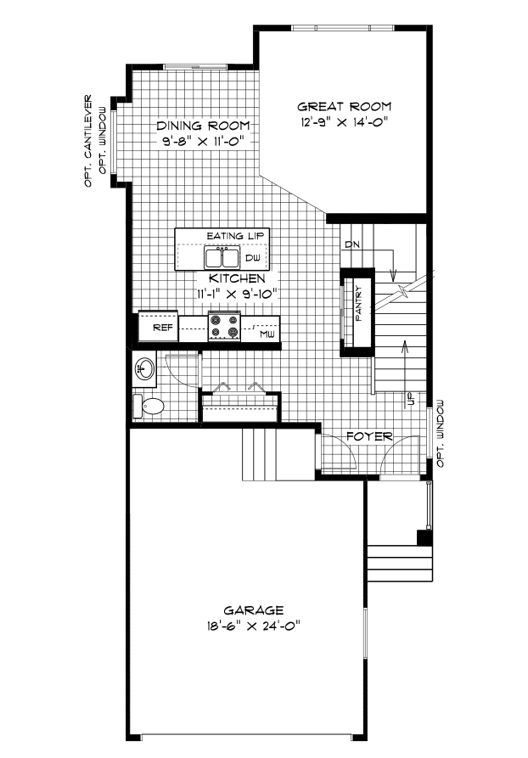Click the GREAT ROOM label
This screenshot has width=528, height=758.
pos(344,106)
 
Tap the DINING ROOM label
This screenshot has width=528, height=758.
pos(203,126)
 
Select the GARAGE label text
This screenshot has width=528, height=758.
pos(253,610)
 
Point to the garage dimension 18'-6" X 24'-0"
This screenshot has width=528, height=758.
pos(253,626)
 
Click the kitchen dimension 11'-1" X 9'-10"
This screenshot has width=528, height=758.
pos(237,294)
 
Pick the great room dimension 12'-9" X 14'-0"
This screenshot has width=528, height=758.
pos(345,122)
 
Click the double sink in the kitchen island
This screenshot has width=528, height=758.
pos(222,258)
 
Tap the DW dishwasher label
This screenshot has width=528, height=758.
pos(252,258)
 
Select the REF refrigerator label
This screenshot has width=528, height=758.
pos(162,328)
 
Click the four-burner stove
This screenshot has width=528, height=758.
pos(224,326)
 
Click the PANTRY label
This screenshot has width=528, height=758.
pos(358,305)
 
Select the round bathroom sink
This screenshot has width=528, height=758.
pos(144,369)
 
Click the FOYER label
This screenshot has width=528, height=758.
pos(369,436)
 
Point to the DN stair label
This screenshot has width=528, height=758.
pos(352,245)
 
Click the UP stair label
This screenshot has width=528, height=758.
pos(412,398)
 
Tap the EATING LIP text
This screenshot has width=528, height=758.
pos(235,236)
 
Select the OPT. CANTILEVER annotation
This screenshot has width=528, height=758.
pos(88,141)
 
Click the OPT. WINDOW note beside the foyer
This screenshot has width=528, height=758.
pos(440,434)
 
